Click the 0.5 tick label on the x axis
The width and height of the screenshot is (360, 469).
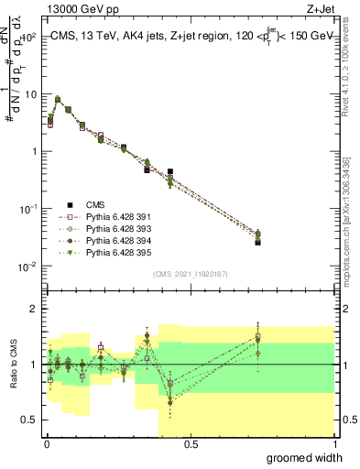[191, 444]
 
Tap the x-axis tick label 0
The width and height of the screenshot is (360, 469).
[47, 444]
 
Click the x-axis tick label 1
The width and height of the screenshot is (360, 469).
[334, 444]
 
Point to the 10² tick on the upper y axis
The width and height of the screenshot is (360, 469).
[31, 38]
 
